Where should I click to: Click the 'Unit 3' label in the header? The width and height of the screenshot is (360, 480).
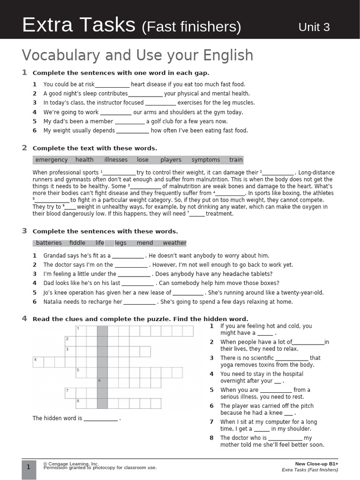(314, 27)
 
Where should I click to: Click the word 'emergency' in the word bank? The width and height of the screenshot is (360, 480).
(52, 160)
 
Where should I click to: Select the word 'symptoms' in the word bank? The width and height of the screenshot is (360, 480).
(205, 160)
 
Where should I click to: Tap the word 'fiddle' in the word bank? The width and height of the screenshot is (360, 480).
(77, 243)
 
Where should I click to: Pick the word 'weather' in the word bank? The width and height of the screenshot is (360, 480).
(174, 243)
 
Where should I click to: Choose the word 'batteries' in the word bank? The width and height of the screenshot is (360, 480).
(49, 243)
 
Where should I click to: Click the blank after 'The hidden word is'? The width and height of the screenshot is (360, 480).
(101, 419)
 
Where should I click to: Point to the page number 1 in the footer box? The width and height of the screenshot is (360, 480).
(28, 467)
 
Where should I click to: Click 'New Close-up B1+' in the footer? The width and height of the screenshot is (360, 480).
(316, 464)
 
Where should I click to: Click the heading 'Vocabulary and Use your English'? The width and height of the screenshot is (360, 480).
(137, 55)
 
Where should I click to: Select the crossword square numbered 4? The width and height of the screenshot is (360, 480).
(37, 362)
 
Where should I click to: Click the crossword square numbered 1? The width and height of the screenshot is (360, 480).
(81, 331)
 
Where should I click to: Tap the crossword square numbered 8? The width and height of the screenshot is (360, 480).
(81, 403)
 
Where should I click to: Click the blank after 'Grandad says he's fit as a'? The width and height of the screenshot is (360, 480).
(128, 256)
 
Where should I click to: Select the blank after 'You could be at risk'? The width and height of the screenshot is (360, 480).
(112, 85)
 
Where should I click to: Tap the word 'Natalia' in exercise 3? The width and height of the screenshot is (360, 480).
(53, 302)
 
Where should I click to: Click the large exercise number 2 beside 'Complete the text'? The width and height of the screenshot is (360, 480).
(24, 148)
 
